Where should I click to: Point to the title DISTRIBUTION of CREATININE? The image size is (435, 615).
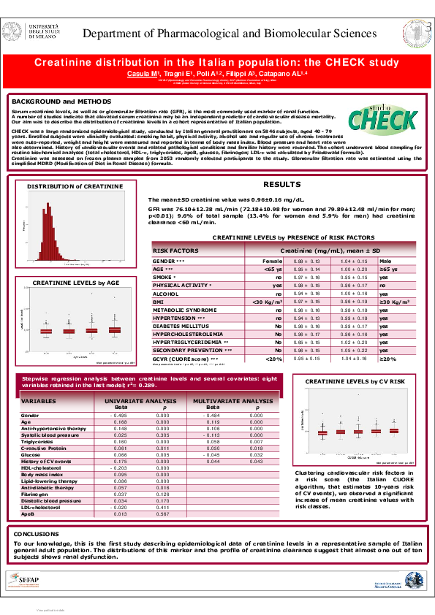(66, 188)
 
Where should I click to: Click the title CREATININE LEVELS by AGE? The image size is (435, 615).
(76, 281)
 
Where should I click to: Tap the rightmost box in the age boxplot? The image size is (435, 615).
(115, 330)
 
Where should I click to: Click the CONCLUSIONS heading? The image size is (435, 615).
(37, 534)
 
